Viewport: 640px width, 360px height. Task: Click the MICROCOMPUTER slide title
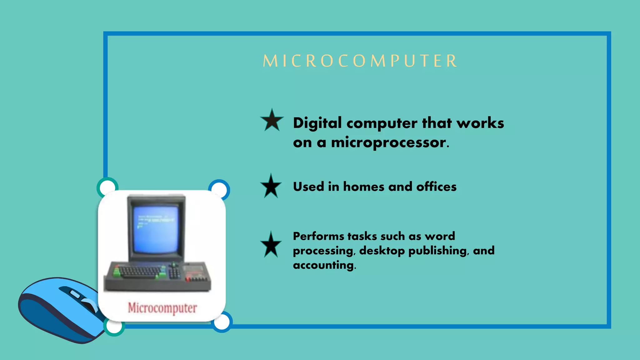pos(360,61)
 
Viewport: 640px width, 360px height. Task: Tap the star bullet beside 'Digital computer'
pos(272,121)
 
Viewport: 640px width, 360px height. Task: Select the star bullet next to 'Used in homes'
pos(271,187)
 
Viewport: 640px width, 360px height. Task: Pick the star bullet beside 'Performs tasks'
pos(271,245)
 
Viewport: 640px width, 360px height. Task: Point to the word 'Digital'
pos(317,123)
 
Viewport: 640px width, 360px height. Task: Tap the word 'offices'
pos(436,187)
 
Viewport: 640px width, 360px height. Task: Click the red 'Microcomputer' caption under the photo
pos(162,308)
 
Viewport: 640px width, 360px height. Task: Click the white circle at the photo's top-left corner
pos(107,187)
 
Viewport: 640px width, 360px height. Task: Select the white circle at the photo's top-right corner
pos(219,189)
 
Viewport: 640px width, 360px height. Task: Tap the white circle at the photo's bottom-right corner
pos(222,322)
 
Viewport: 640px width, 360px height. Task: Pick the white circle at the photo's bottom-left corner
pos(114,326)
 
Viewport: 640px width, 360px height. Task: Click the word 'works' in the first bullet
pos(480,123)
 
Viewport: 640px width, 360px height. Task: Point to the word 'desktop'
pos(382,251)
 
